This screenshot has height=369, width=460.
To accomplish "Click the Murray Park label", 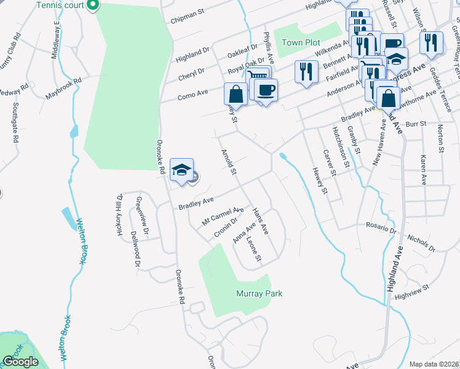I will [259, 294].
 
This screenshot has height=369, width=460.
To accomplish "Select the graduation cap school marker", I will [181, 170].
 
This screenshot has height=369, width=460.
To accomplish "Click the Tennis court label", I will [60, 6].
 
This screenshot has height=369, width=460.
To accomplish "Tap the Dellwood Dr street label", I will [136, 248].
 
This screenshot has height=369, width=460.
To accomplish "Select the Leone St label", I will [255, 248].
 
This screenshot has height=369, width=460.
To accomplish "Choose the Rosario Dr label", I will [381, 228].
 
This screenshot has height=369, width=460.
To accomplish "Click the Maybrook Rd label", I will [63, 89].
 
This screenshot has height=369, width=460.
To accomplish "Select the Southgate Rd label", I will [14, 120].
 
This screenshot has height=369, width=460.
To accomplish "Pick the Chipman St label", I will [188, 12].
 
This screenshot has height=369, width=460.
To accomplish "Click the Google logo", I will [20, 362].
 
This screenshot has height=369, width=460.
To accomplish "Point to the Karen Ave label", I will [424, 170].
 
